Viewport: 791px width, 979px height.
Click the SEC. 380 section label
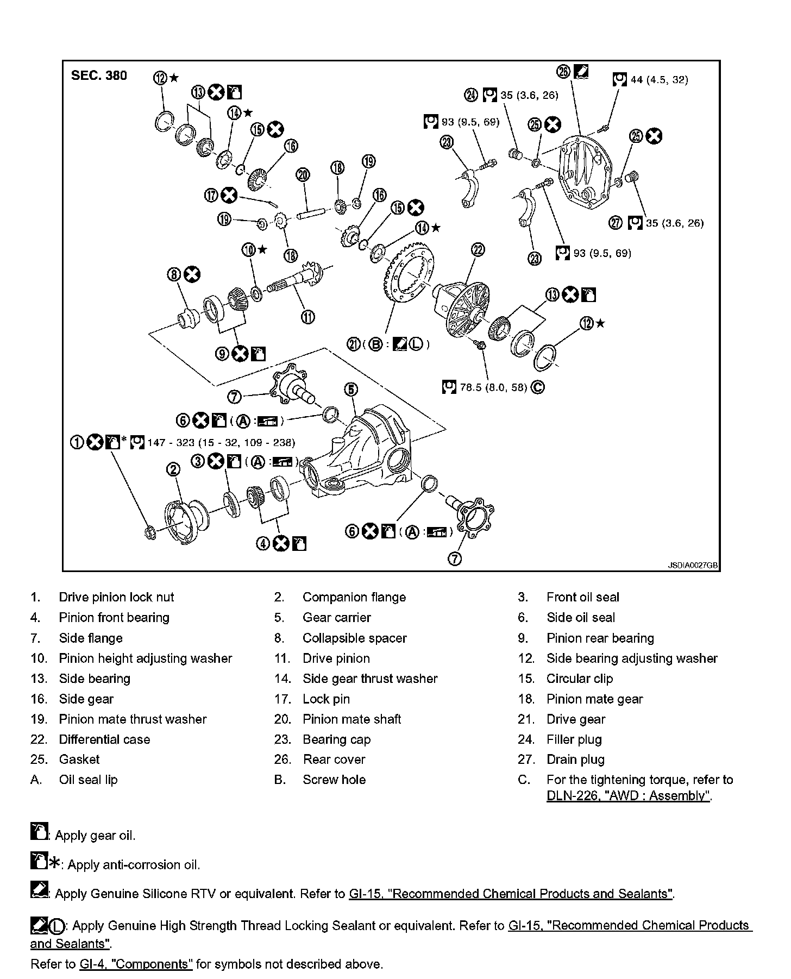pos(99,76)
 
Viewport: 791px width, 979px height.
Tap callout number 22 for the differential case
pos(478,249)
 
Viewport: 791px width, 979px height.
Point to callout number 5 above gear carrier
pos(351,389)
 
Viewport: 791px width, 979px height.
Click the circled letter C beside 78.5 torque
pos(537,387)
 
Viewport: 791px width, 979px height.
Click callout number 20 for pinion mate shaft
pos(303,175)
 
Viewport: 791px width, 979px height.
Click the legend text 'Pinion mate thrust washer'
pos(133,719)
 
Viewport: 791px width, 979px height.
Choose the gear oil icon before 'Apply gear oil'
pos(39,832)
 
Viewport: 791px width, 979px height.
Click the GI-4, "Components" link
pos(136,964)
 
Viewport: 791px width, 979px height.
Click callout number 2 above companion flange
pos(173,469)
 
